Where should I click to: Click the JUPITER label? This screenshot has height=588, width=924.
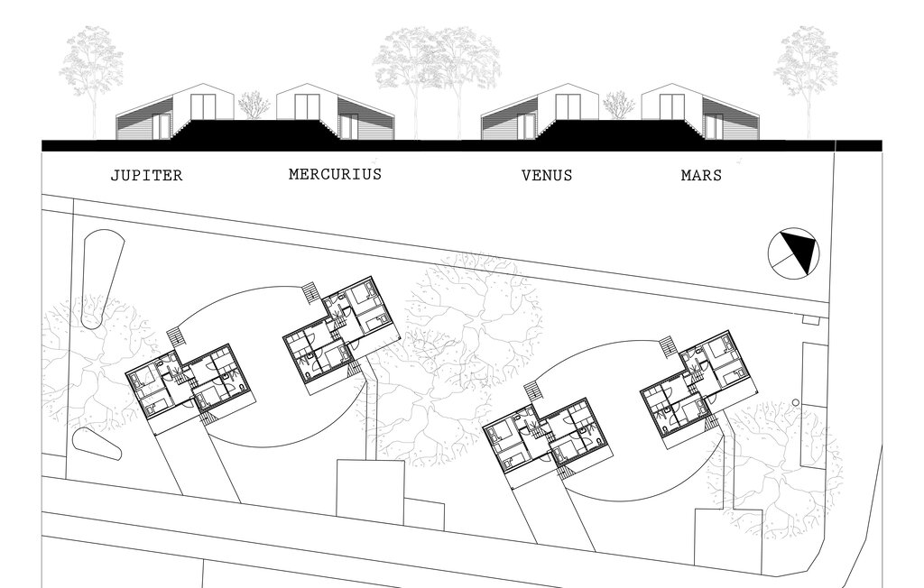click(147, 176)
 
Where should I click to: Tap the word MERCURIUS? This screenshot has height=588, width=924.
click(335, 174)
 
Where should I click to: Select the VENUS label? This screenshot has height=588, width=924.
click(547, 176)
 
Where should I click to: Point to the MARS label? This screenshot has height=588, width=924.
click(701, 175)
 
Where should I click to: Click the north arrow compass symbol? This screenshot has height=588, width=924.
click(794, 253)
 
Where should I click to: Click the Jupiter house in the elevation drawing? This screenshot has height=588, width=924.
click(176, 112)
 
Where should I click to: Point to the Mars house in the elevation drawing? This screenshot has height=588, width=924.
click(700, 112)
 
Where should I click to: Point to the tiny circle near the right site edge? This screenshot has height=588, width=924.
click(796, 403)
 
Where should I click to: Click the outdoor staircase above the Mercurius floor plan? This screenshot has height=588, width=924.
click(310, 293)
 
